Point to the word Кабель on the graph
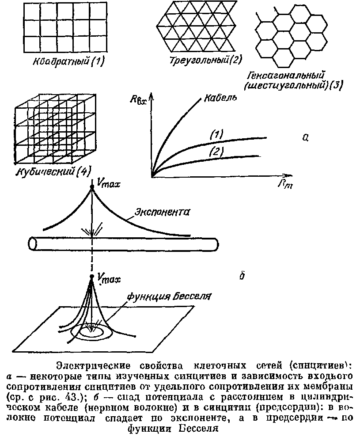click(x=219, y=98)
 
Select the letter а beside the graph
click(x=305, y=138)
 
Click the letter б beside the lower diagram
click(x=242, y=276)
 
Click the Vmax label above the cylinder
click(x=107, y=182)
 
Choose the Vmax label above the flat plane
click(x=108, y=278)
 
